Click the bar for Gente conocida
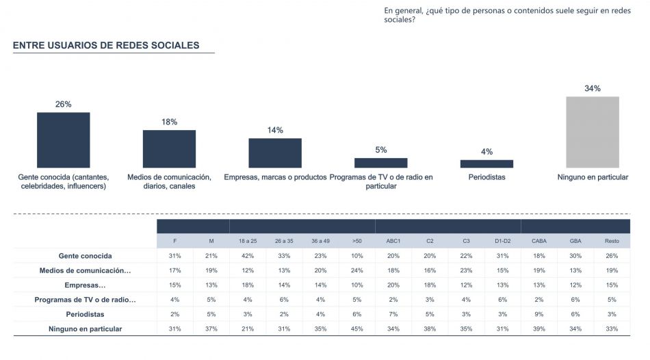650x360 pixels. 63,140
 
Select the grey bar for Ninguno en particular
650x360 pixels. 592,132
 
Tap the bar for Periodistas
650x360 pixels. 486,164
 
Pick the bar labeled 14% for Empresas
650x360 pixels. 275,153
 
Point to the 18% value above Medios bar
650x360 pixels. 169,122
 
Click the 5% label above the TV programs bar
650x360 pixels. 381,150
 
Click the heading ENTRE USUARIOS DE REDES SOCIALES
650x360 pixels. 106,46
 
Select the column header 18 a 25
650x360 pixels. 248,241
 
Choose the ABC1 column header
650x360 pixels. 393,241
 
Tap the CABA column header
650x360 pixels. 539,241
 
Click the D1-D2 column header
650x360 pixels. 503,241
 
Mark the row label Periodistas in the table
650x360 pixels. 86,314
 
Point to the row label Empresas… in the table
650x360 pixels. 86,285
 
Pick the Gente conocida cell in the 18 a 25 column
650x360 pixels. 248,256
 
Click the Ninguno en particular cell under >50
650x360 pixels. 357,329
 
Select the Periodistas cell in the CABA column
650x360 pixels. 539,314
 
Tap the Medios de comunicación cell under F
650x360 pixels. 175,270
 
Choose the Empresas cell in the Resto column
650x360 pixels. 612,285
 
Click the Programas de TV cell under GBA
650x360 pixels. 575,300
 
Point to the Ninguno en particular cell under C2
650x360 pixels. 430,329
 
